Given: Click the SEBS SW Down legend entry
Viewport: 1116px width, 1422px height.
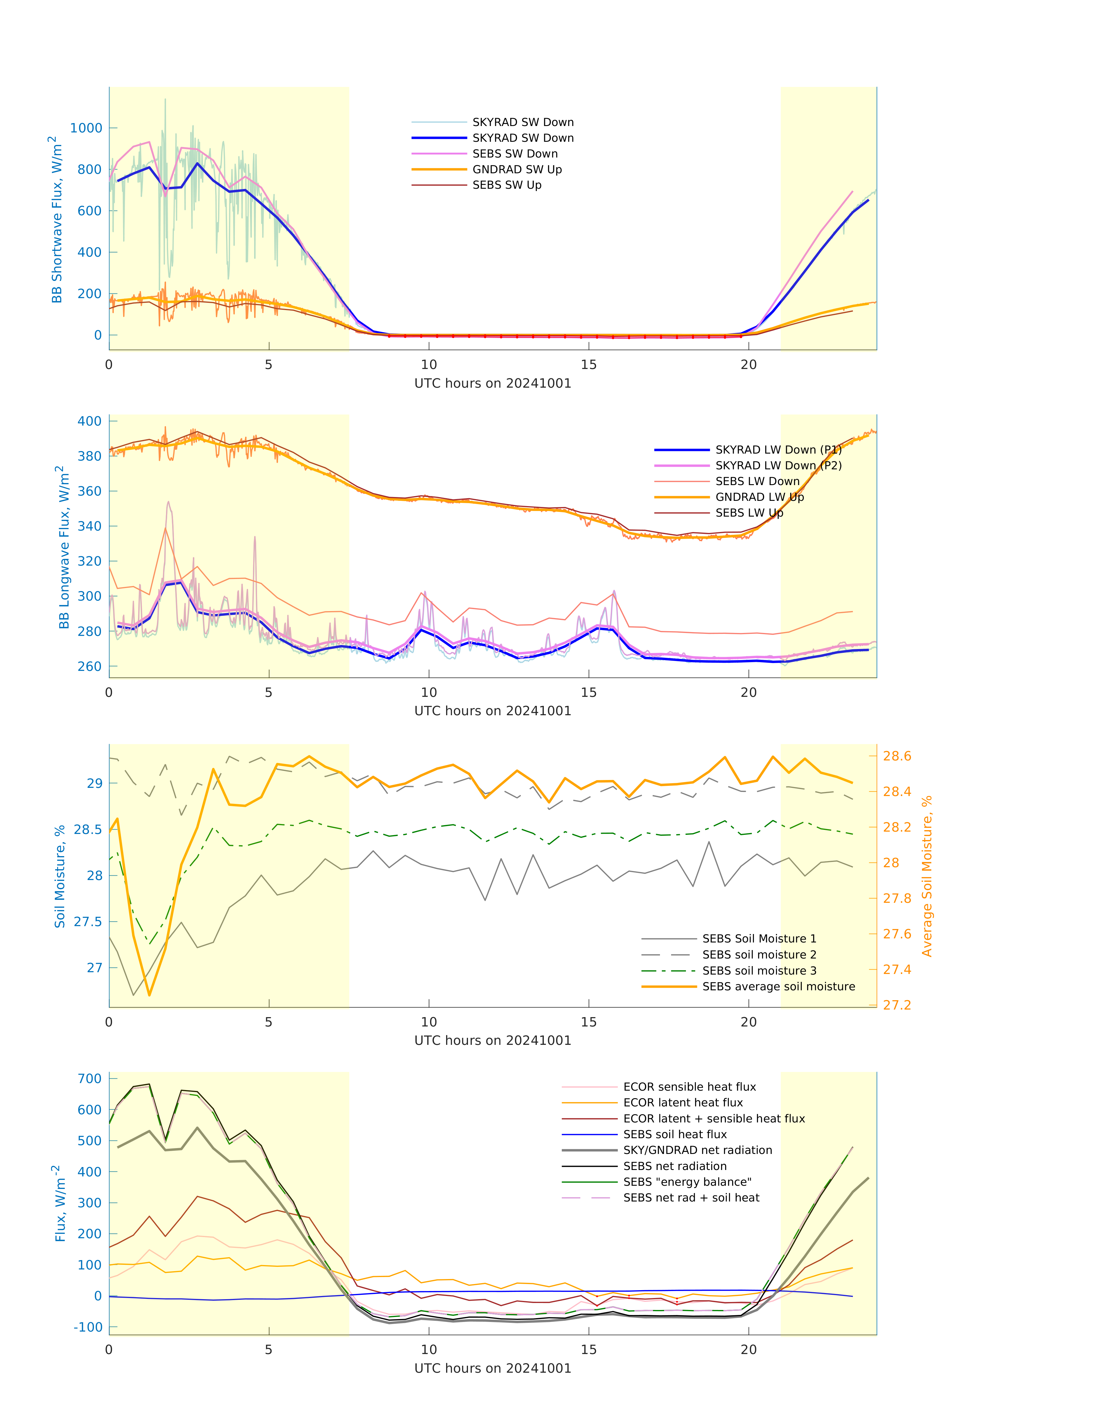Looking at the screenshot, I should point(515,153).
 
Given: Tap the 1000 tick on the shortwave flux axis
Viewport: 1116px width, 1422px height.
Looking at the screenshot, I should point(86,128).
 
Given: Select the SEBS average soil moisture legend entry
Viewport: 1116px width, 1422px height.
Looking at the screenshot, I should point(778,986).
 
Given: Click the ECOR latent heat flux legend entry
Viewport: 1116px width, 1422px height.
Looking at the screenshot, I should point(683,1103).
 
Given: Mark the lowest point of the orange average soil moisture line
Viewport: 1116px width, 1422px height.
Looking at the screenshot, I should point(150,996).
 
